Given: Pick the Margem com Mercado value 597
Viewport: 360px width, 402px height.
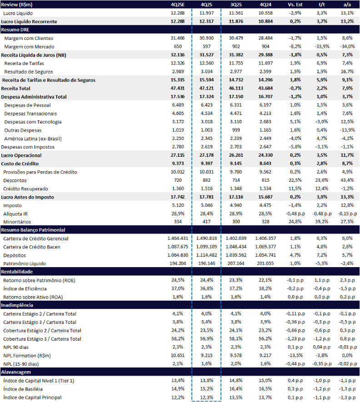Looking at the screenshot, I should pos(206,47).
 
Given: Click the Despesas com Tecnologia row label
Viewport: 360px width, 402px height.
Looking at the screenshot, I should pos(33,122).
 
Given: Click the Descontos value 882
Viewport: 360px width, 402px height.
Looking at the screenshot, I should pos(206,180).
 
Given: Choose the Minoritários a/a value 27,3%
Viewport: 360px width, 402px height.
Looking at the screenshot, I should pos(346,222).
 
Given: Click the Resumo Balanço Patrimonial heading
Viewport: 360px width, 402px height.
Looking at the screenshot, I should pos(33,230).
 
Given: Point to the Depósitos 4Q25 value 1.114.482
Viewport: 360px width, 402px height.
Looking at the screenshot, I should pos(206,255).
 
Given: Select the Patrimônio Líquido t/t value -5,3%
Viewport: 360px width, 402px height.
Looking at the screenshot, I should pos(321,263).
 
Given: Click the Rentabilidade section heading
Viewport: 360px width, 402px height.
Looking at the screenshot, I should pos(17,272).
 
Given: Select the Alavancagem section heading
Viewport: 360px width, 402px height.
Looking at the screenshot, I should pos(16,372).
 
